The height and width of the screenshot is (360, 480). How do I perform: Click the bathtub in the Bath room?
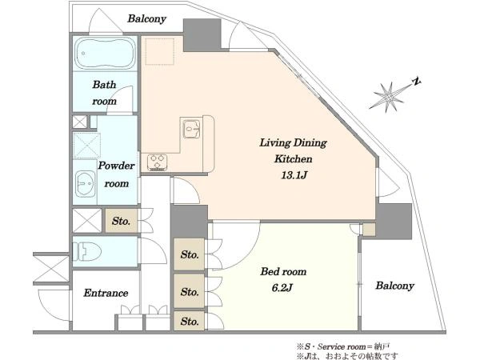click(x=105, y=54)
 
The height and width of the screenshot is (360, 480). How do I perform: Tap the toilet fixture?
click(x=87, y=251)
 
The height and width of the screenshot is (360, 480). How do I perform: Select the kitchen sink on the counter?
click(x=192, y=129)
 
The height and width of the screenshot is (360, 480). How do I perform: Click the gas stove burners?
click(x=157, y=162)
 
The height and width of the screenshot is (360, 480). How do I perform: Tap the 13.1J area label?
click(x=294, y=175)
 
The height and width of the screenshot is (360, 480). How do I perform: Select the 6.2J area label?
click(x=282, y=288)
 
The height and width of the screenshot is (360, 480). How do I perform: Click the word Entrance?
click(x=106, y=293)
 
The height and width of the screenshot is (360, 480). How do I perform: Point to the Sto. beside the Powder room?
click(x=122, y=221)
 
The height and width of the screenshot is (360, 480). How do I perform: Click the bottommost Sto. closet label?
click(x=190, y=322)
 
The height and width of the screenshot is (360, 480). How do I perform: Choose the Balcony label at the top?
click(x=147, y=18)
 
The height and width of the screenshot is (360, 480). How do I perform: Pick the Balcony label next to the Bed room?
click(x=395, y=286)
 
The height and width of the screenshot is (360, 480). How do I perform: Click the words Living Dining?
click(x=294, y=142)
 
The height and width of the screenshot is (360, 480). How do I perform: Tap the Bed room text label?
click(x=283, y=271)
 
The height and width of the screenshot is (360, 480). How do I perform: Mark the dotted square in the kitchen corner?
click(x=160, y=51)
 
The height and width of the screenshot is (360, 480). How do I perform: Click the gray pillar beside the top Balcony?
click(x=202, y=35)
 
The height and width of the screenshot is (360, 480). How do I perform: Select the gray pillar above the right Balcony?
click(x=394, y=222)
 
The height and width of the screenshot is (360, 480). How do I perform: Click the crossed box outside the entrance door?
click(x=51, y=269)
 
